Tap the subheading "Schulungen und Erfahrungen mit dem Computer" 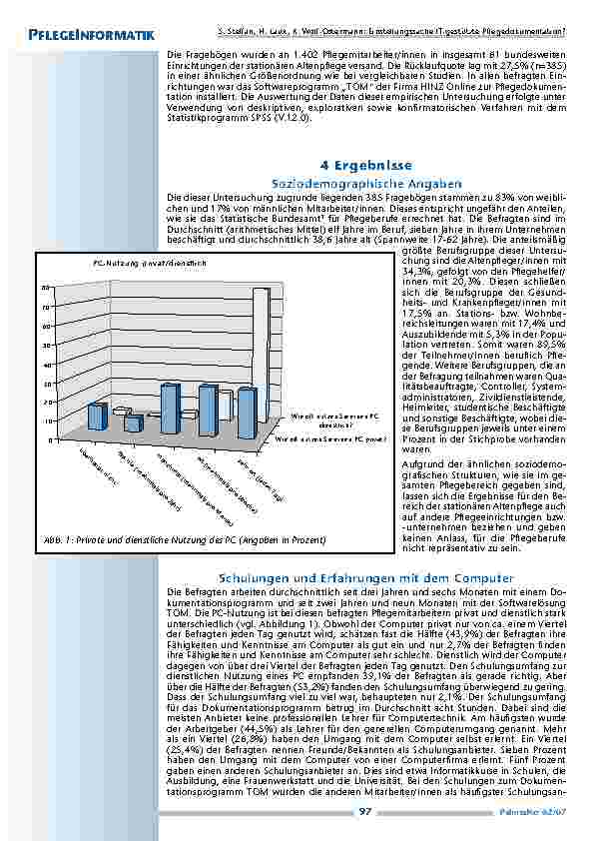tap(365, 578)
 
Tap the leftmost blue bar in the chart tap(97, 416)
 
